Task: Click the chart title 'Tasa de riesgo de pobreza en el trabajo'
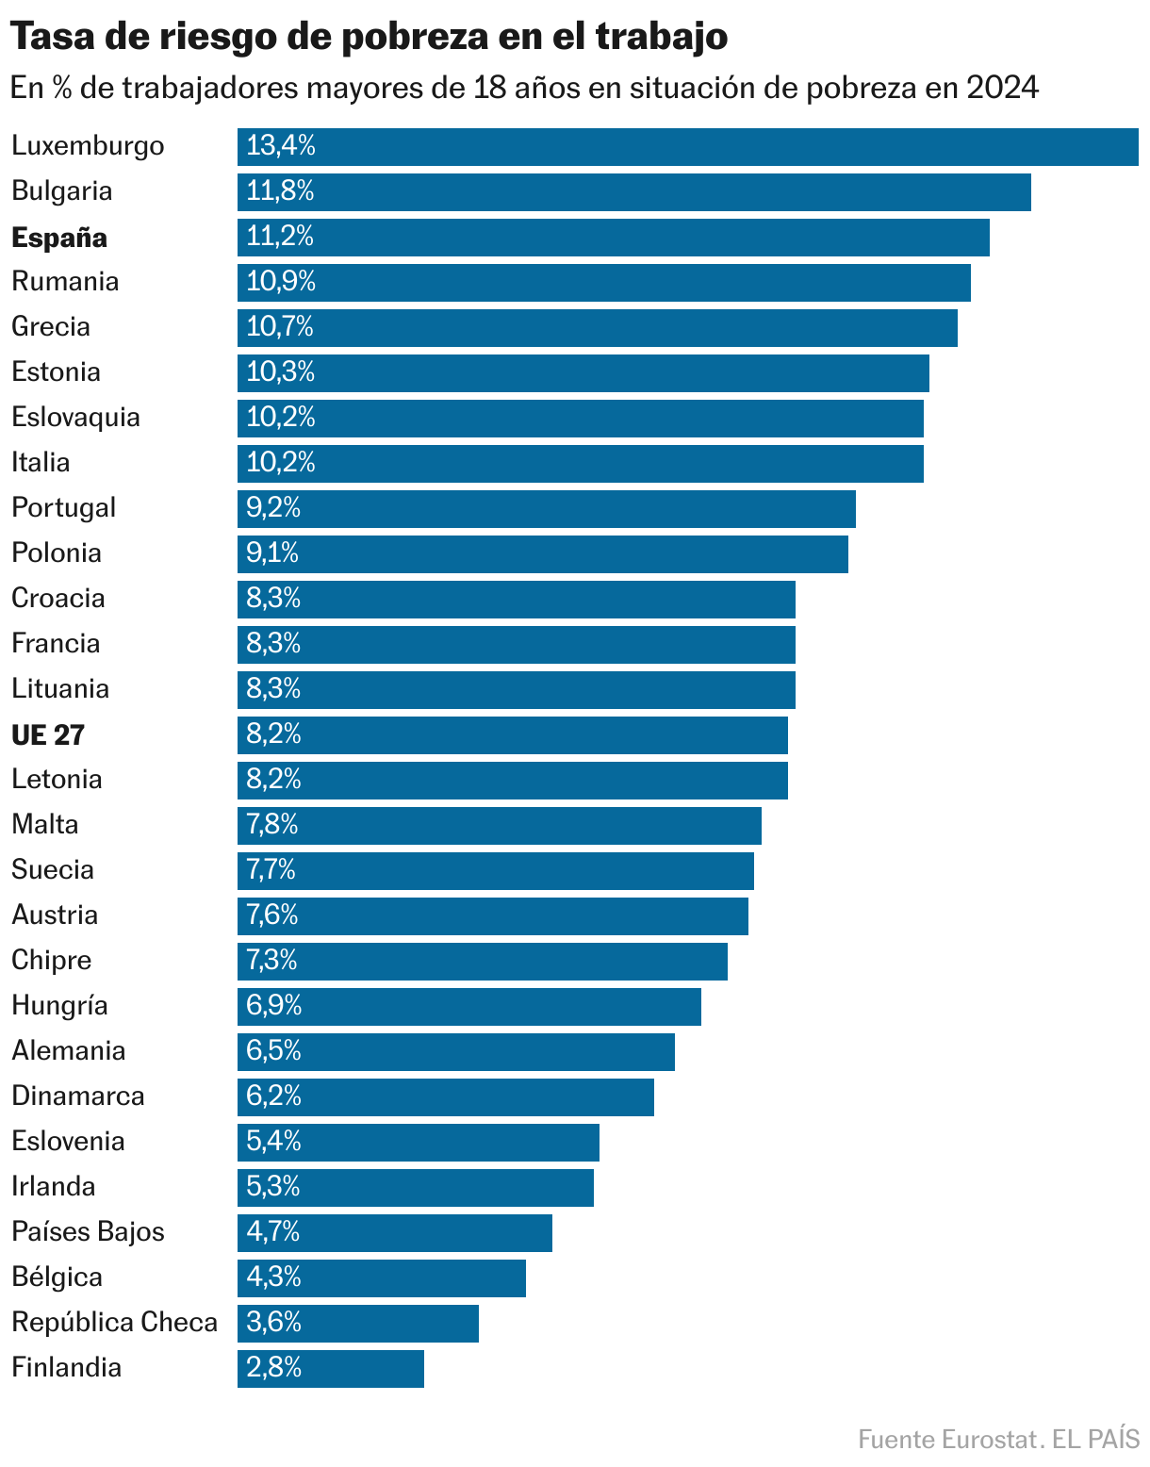pyautogui.click(x=369, y=37)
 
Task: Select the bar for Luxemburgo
pyautogui.click(x=687, y=147)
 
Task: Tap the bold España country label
pyautogui.click(x=59, y=238)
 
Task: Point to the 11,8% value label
pyautogui.click(x=280, y=191)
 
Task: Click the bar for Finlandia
pyautogui.click(x=330, y=1369)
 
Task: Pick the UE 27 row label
pyautogui.click(x=48, y=734)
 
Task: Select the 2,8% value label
pyautogui.click(x=273, y=1368)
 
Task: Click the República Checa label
pyautogui.click(x=114, y=1323)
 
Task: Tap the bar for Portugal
pyautogui.click(x=546, y=509)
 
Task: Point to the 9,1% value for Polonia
pyautogui.click(x=272, y=553)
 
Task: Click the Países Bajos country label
pyautogui.click(x=88, y=1232)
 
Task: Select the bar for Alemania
pyautogui.click(x=455, y=1052)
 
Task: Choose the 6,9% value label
pyautogui.click(x=273, y=1006)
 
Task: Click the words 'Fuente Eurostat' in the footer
pyautogui.click(x=947, y=1440)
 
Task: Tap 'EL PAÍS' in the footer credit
pyautogui.click(x=1096, y=1440)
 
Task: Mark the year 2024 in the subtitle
pyautogui.click(x=1002, y=88)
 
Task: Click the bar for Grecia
pyautogui.click(x=597, y=328)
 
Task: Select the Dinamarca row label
pyautogui.click(x=78, y=1096)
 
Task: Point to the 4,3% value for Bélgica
pyautogui.click(x=273, y=1277)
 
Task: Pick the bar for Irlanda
pyautogui.click(x=415, y=1188)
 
